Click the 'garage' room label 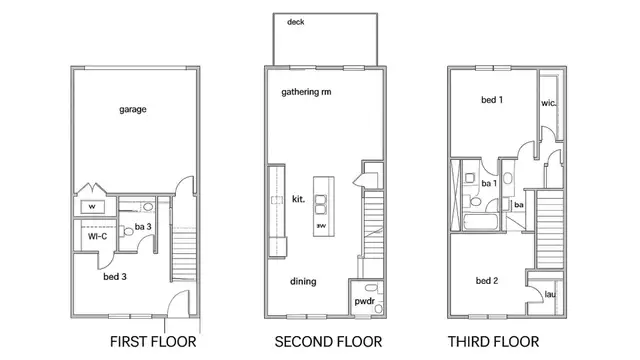(133, 109)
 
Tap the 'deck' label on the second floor (296, 22)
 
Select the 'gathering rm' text (306, 92)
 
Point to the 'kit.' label (298, 199)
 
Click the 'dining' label (303, 281)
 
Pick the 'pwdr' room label (364, 302)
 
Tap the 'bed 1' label (492, 100)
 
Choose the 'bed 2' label (487, 281)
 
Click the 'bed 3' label (115, 277)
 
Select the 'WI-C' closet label (98, 236)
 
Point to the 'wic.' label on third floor (548, 103)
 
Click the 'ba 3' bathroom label (143, 227)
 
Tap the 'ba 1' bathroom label (489, 184)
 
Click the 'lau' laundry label (550, 294)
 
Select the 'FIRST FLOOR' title (153, 342)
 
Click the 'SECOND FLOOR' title (328, 342)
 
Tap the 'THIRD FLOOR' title (493, 342)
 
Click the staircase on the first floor (184, 255)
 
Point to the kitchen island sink (320, 205)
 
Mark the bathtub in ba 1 (481, 222)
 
